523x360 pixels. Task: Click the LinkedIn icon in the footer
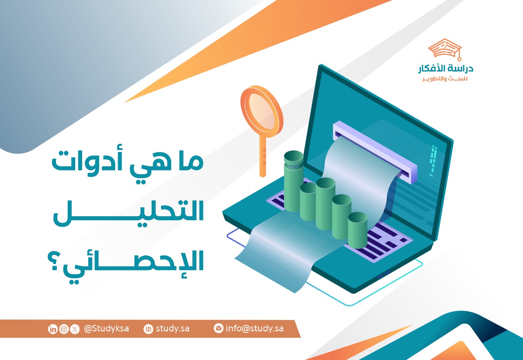53,329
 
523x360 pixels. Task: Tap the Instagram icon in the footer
64,329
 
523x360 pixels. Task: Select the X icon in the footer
74,329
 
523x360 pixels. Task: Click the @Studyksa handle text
106,329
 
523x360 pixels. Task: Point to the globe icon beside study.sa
148,329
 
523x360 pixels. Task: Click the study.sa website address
172,329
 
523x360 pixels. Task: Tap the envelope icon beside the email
219,328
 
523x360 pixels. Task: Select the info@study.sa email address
255,328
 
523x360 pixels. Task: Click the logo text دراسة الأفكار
445,69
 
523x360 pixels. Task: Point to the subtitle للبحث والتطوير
445,78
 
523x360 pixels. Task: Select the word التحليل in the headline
129,212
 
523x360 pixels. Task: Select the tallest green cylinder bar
293,180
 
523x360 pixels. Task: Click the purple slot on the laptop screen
375,151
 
